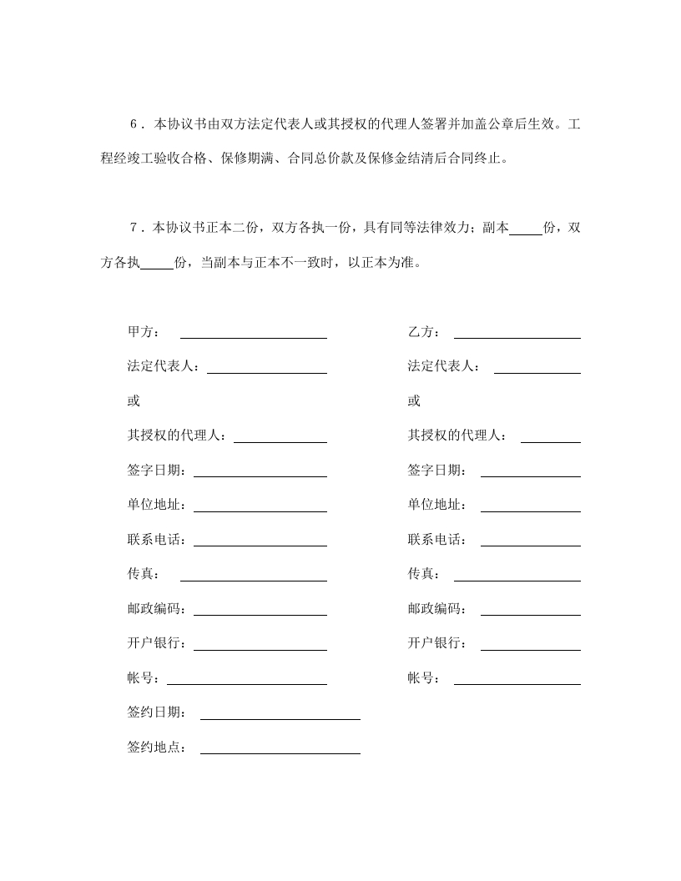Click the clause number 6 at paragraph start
[x=134, y=125]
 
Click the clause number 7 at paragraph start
[x=134, y=228]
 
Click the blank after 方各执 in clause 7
[x=157, y=266]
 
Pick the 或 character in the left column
[x=134, y=401]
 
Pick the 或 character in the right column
[x=414, y=401]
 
